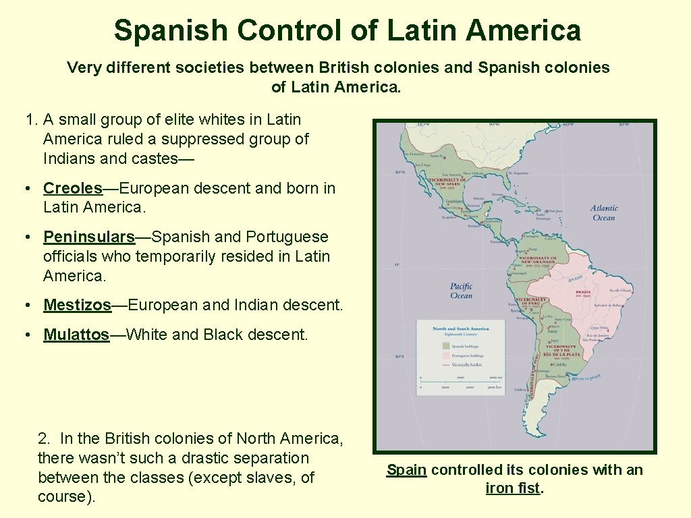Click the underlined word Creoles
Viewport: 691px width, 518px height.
(72, 188)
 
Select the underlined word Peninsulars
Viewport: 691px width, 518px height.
(89, 237)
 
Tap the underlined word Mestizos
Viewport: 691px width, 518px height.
(77, 306)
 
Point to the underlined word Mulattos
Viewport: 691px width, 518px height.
(76, 335)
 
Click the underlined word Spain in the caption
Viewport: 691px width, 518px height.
(406, 470)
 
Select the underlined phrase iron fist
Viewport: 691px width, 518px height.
(513, 488)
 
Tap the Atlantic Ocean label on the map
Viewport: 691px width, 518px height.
(603, 213)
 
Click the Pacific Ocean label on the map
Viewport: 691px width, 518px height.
(461, 291)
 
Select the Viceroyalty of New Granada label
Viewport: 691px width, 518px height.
(538, 259)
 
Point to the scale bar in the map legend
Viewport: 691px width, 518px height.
(461, 383)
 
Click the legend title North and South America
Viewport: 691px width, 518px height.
(460, 328)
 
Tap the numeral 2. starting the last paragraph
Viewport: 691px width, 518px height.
(45, 438)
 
